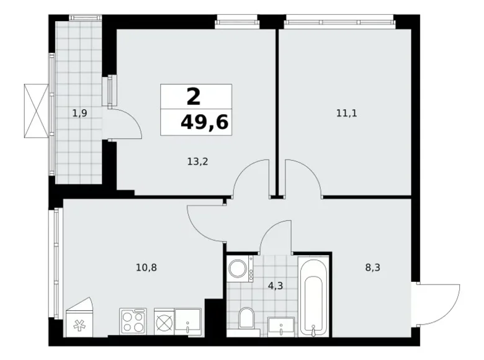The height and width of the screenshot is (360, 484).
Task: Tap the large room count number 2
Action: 194,96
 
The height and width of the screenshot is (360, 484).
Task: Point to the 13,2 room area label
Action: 197,163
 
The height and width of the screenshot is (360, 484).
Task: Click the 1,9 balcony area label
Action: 79,113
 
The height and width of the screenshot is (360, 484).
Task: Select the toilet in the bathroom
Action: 246,318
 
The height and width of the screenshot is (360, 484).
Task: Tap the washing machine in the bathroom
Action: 239,269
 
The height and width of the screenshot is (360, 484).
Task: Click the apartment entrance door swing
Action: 439,302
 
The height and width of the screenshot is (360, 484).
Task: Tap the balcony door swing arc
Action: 128,125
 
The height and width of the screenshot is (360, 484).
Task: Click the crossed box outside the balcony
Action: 36,112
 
